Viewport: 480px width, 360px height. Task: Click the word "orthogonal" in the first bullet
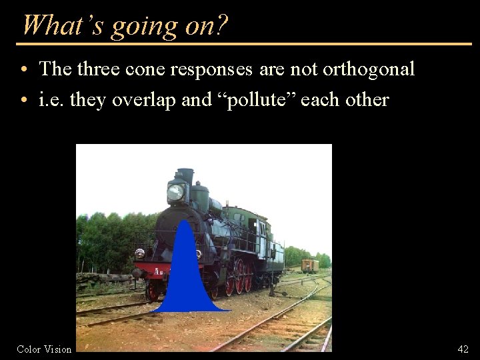tap(368, 69)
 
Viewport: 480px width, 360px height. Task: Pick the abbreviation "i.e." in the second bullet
tap(52, 100)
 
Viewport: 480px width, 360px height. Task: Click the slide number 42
tap(463, 349)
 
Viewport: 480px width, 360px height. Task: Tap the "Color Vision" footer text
tap(44, 349)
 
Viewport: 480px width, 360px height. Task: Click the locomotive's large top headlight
tap(176, 192)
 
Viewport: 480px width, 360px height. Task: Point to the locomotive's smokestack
tap(185, 176)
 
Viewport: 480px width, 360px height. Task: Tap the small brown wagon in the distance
tap(309, 265)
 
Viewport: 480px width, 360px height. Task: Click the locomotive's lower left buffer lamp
tap(139, 253)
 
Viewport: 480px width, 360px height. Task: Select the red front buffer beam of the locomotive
tap(151, 271)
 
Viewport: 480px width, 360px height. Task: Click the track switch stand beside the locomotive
tap(271, 283)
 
